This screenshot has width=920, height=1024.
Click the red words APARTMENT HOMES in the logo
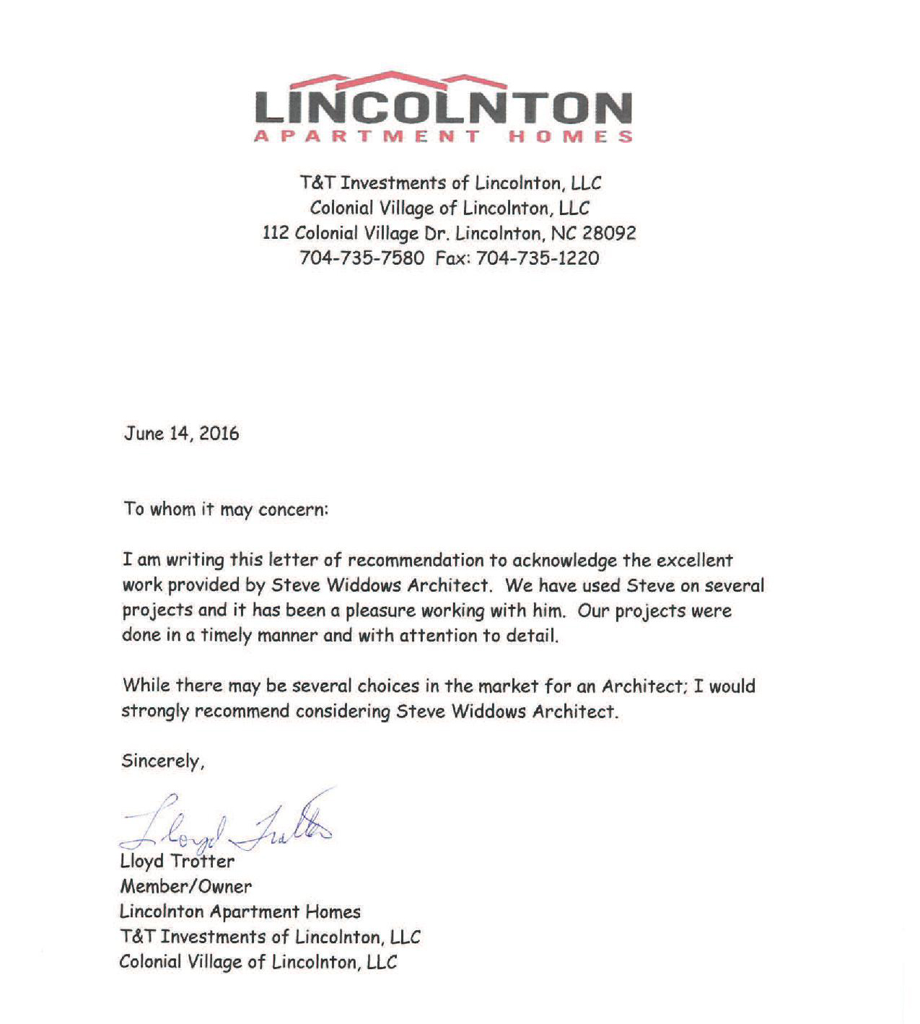pos(443,136)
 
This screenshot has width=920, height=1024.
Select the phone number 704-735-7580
pos(362,258)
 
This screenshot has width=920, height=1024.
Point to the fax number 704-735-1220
pos(538,258)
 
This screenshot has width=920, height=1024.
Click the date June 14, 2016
pos(181,433)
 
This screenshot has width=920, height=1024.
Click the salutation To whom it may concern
pos(225,509)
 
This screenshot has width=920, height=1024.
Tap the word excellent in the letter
pos(687,560)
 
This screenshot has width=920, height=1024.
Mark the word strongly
pos(154,711)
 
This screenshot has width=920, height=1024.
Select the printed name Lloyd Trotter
pos(177,861)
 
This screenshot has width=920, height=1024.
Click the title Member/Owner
pos(185,886)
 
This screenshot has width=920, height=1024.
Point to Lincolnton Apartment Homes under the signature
pos(240,911)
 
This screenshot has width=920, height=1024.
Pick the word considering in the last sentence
pos(343,711)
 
